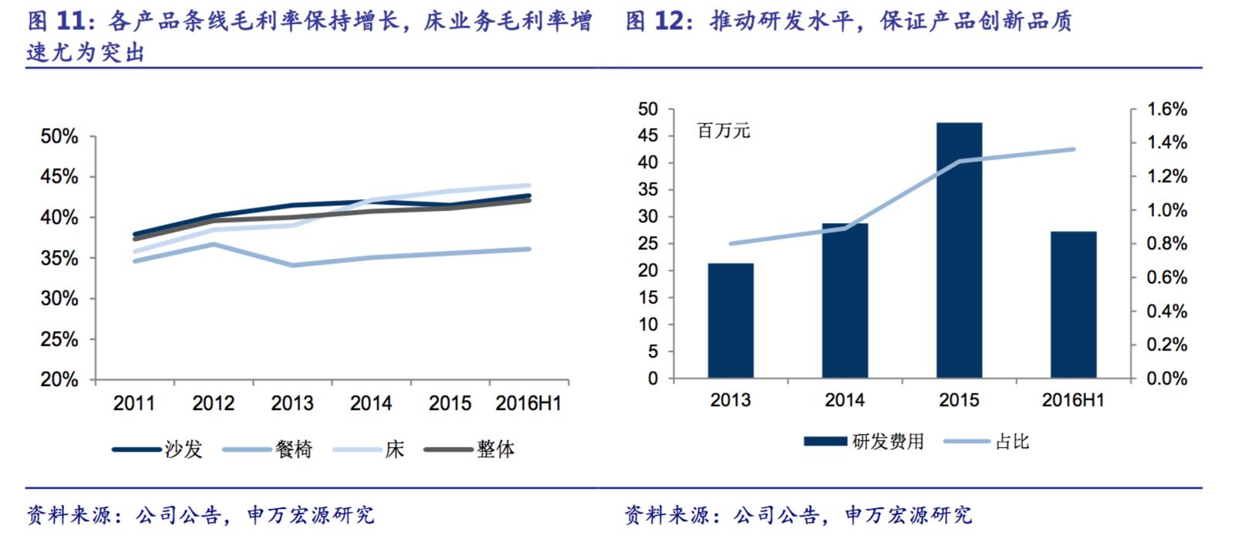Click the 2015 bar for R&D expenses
tap(959, 250)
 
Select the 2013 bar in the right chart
tap(731, 320)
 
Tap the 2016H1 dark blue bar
tap(1073, 304)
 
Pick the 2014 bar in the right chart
tap(845, 300)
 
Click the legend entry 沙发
tap(183, 449)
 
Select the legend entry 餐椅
tap(293, 449)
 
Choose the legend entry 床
tap(394, 449)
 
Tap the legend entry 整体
tap(495, 449)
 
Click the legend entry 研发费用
tap(887, 442)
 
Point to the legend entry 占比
tap(1012, 442)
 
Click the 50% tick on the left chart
tap(59, 137)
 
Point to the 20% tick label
tap(59, 380)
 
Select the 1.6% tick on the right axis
tap(1167, 109)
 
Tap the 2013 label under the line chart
tap(292, 403)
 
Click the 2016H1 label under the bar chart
tap(1073, 400)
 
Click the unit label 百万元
tap(724, 130)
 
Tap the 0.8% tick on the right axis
tap(1167, 244)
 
